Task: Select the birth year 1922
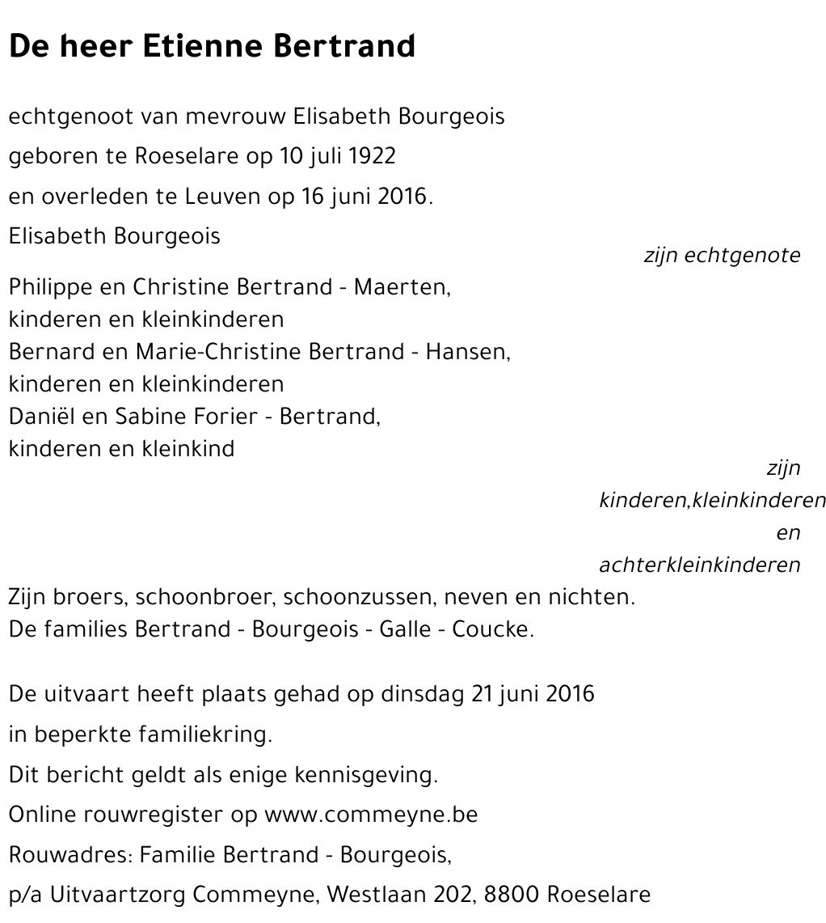click(x=373, y=156)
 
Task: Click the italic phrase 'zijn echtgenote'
click(x=722, y=256)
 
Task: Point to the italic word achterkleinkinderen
click(x=699, y=565)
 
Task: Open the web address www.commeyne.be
click(x=371, y=815)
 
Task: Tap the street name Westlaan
click(x=373, y=895)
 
